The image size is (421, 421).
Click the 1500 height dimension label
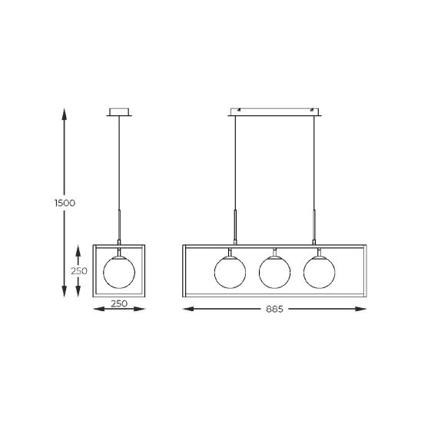(65, 203)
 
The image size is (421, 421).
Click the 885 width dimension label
(274, 310)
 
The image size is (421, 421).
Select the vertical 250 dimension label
(79, 271)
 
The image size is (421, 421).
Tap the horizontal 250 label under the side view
(119, 303)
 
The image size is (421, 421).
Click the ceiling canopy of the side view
(119, 112)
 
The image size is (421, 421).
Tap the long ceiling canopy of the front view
(275, 112)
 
